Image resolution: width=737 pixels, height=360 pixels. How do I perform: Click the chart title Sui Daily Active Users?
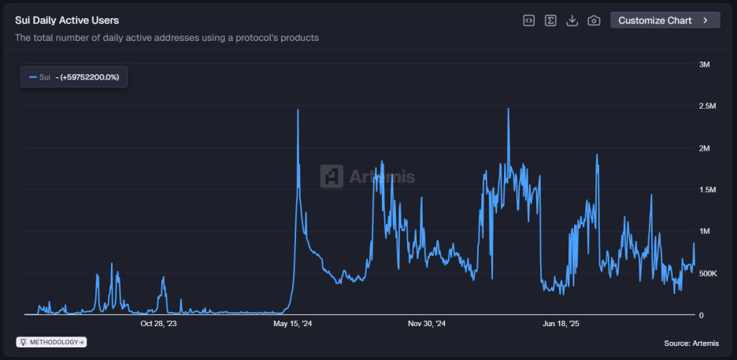coord(67,20)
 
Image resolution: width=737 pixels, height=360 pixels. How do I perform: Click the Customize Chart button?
coord(665,20)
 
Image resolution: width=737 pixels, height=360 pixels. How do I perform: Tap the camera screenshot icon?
coord(594,20)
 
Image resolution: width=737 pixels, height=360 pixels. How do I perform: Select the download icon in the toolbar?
coord(572,20)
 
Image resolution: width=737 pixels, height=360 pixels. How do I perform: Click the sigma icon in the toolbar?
coord(551,20)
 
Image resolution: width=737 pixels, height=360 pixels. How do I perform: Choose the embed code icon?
coord(529,20)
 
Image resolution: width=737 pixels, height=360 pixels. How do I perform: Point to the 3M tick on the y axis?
coord(706,65)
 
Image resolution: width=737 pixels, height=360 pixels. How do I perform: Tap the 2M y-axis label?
coord(706,148)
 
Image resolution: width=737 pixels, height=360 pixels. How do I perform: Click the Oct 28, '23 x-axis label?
coord(158,323)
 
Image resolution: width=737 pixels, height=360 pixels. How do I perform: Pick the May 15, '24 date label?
coord(293,323)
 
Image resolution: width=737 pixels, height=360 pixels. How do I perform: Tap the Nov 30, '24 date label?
coord(428,323)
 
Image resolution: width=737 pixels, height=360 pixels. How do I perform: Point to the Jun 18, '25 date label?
coord(561,323)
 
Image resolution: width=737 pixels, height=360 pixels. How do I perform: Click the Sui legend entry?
coord(75,77)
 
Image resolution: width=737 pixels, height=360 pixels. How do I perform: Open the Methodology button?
coord(52,342)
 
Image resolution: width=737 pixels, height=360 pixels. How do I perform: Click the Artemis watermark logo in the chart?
coord(367,176)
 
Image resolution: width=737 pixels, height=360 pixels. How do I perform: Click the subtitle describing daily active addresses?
coord(167,38)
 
